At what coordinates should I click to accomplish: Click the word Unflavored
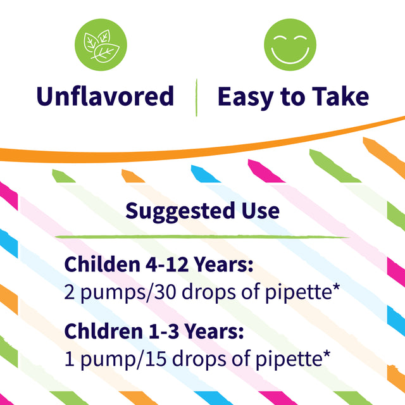[105, 97]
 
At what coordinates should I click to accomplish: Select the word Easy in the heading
[246, 97]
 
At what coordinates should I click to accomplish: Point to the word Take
[339, 97]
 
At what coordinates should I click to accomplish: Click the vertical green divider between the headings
[197, 97]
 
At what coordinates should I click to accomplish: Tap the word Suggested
[174, 211]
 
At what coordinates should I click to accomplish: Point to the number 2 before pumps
[70, 293]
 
